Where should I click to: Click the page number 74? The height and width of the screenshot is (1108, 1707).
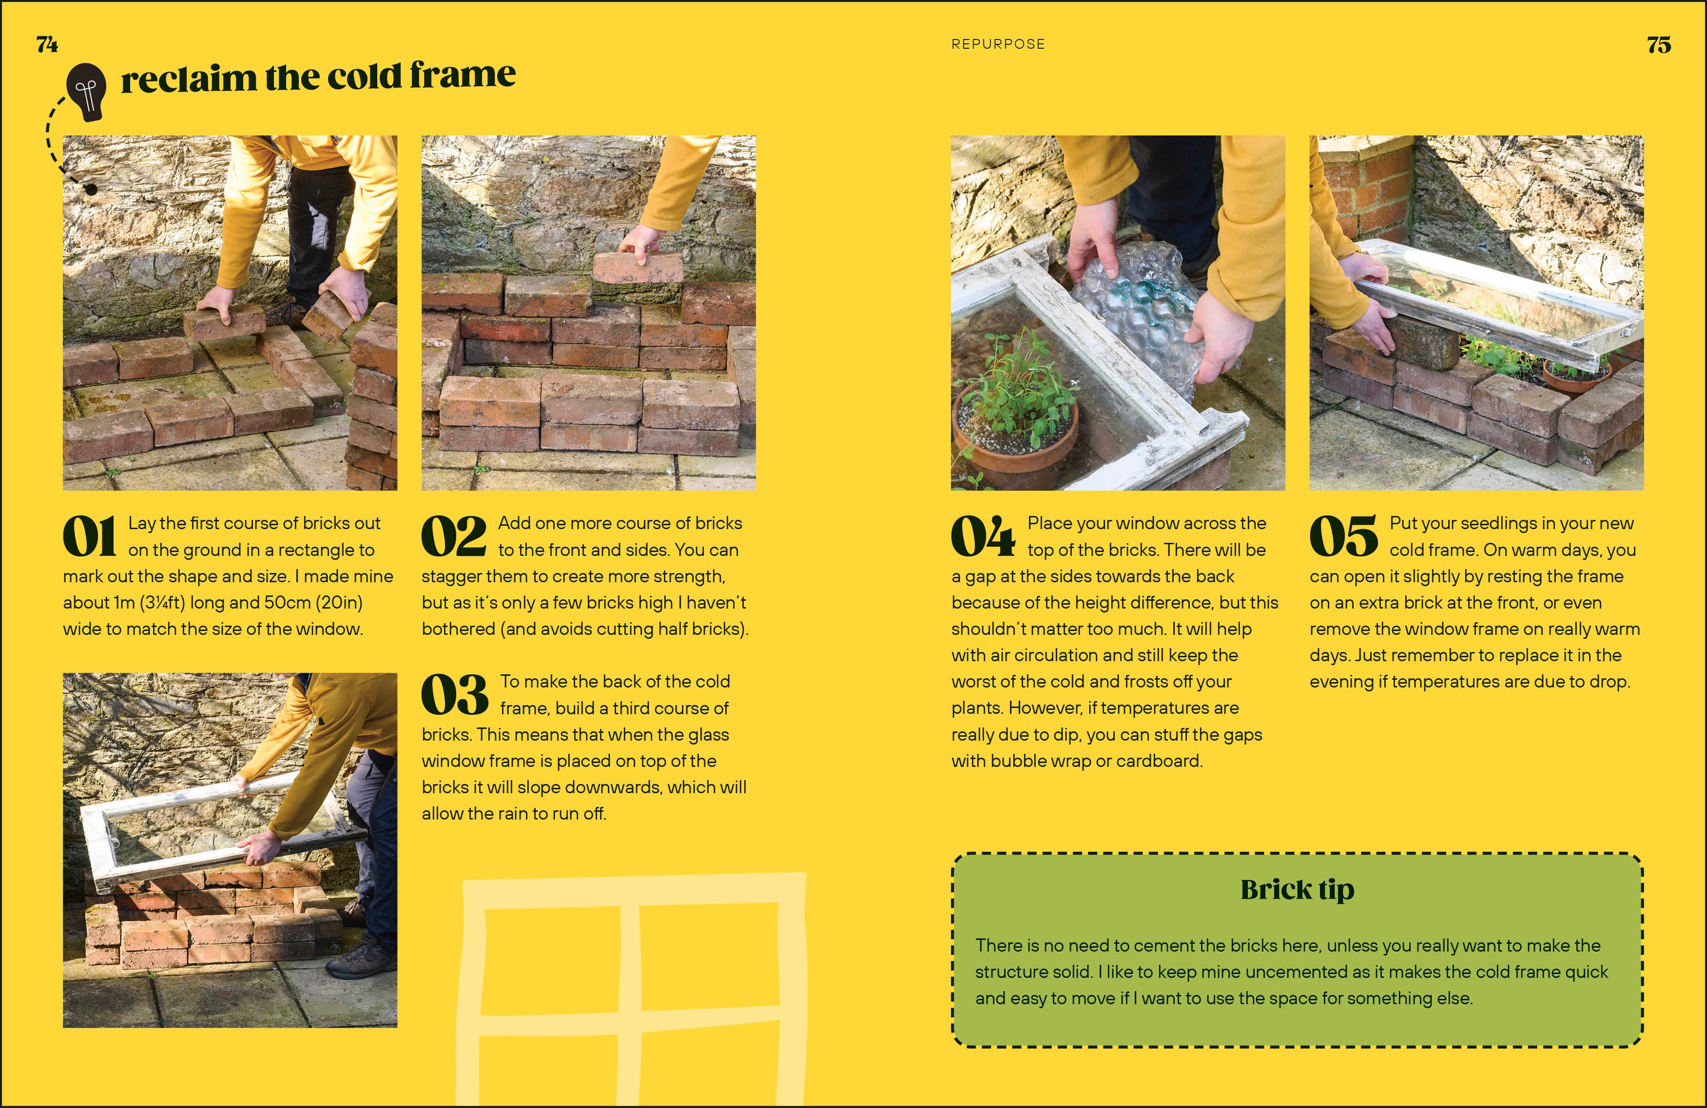[47, 44]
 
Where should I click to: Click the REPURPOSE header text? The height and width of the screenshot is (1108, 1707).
[998, 44]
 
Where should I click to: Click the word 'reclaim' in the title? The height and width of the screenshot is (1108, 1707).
[189, 77]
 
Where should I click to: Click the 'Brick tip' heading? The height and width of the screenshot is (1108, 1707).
[1298, 890]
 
